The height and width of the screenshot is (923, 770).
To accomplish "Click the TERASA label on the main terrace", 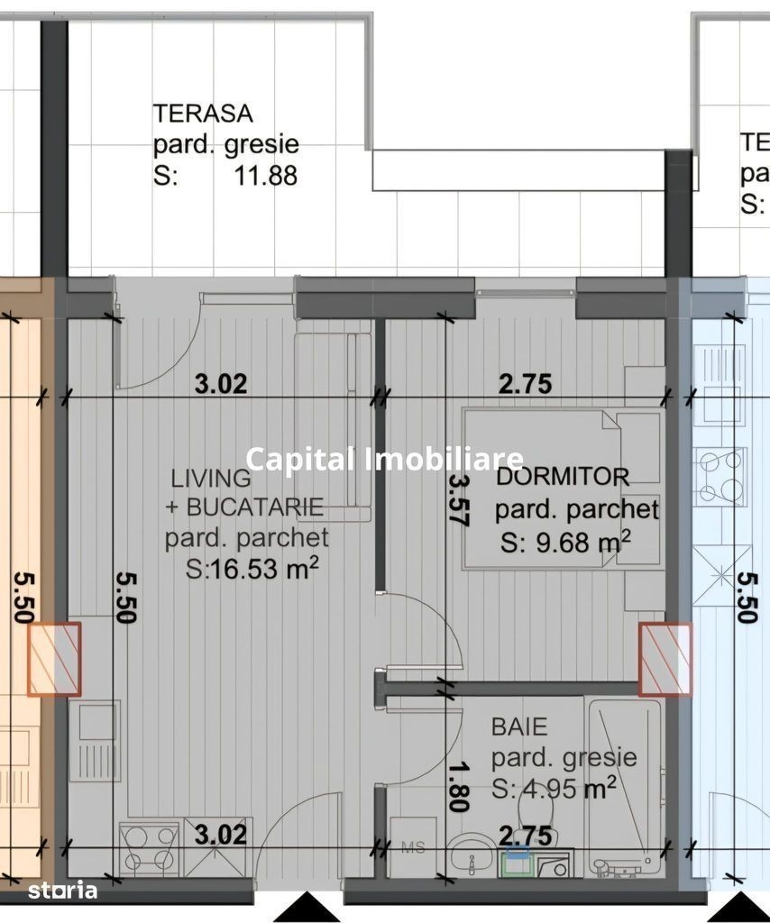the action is pos(203,113).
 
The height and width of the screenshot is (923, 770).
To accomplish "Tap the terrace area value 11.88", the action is pos(265,176).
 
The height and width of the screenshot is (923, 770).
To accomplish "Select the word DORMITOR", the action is pos(563,476).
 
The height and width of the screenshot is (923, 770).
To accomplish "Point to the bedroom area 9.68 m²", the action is pos(565,542).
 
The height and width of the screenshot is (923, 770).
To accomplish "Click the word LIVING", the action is pos(211,478).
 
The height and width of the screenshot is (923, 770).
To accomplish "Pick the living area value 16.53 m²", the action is pos(252,568).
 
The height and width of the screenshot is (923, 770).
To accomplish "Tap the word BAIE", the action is pos(519,727).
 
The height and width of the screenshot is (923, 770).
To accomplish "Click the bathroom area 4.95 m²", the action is pos(554,788).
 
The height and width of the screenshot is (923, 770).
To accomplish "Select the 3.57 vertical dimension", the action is pos(457,500).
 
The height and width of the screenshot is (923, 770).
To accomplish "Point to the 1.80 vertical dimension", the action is pos(457,788).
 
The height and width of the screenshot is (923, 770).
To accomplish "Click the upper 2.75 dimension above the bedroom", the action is pos(525,384).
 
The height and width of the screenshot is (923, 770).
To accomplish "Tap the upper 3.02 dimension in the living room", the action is pos(221,384).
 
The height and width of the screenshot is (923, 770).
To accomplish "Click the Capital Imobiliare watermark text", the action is pos(384,459).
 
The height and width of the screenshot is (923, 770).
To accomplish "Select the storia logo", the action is pos(62,890).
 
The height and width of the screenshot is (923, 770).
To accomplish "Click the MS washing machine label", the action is pos(413,847).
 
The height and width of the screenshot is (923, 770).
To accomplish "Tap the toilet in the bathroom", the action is pos(535,812).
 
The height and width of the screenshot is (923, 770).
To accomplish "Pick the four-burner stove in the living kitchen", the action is pos(150,847).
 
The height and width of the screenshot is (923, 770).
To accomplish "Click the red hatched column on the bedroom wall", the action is pos(665,659).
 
